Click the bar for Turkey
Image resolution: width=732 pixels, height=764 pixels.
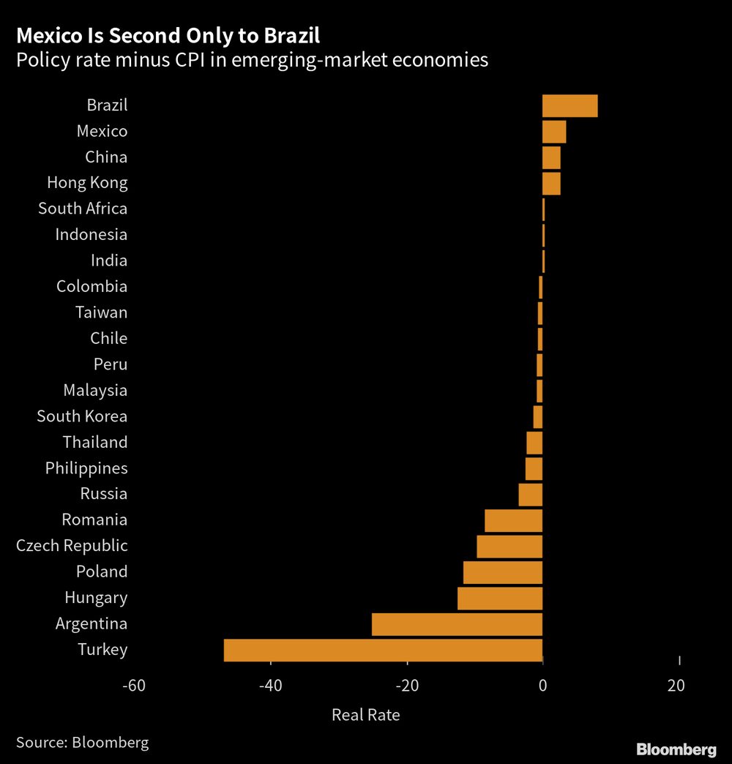(x=383, y=650)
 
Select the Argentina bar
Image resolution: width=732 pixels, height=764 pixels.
(x=457, y=624)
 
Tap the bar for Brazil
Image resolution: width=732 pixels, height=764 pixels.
(x=569, y=105)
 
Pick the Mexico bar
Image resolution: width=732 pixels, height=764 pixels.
(x=554, y=132)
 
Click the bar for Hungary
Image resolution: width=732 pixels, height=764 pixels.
(x=500, y=598)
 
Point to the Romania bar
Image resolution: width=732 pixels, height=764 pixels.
(x=513, y=520)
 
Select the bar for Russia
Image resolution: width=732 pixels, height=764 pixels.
(x=530, y=495)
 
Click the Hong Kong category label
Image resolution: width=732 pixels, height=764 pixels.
(x=87, y=183)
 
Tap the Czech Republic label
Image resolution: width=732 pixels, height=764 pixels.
(x=72, y=546)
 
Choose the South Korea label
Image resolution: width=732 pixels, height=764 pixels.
(x=82, y=416)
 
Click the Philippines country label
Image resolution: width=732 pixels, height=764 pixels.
(x=86, y=468)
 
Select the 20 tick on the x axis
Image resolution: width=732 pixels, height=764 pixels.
(x=676, y=686)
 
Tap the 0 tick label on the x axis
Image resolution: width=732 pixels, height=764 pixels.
(x=542, y=686)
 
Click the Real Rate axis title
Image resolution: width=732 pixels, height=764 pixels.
(x=366, y=715)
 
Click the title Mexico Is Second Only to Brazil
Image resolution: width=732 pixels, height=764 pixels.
(x=168, y=35)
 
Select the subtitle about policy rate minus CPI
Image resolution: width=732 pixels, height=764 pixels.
(x=252, y=60)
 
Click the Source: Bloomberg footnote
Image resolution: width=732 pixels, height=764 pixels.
(x=82, y=743)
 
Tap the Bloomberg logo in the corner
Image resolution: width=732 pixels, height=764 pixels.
(x=676, y=749)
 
